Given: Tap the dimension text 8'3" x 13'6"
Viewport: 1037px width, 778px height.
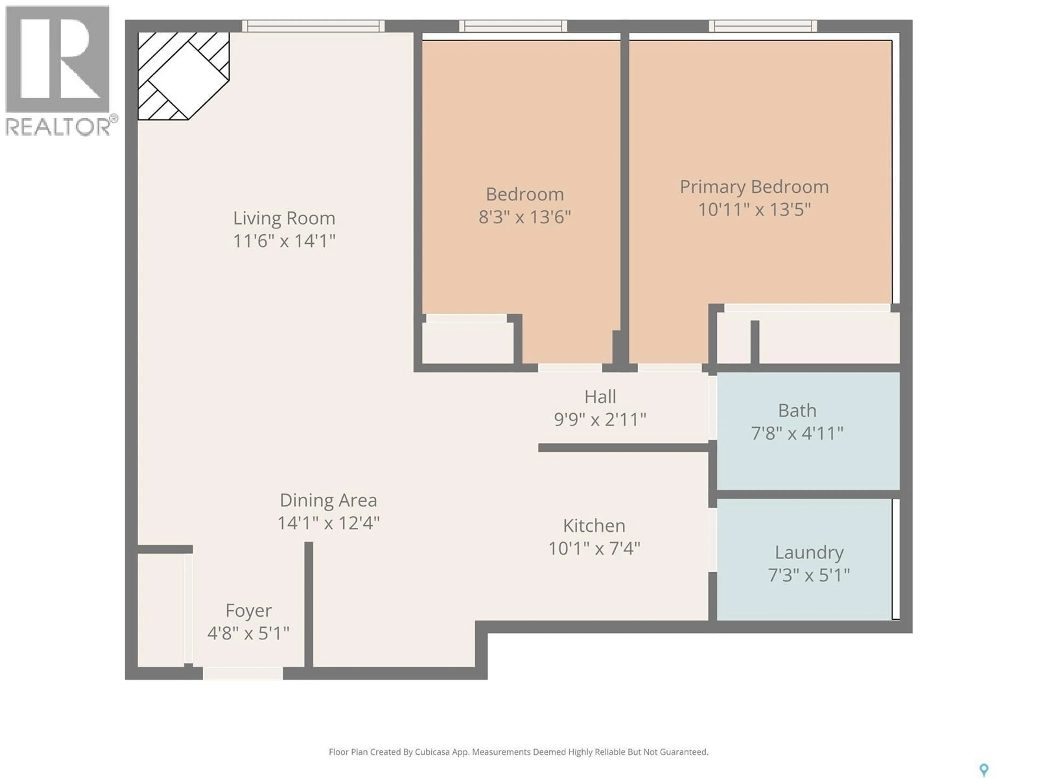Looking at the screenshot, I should click(525, 217).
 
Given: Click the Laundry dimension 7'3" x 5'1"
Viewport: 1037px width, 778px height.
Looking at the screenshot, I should click(809, 575).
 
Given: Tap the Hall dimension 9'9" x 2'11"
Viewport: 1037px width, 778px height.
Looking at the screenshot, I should click(600, 419).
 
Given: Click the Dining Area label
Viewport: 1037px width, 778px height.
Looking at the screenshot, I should click(328, 500).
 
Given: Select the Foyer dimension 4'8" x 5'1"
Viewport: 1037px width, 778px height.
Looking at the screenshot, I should click(248, 633).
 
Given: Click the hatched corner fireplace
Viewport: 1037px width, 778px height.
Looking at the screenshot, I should click(183, 75).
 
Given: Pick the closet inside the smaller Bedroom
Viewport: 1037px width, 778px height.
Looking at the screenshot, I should click(467, 342).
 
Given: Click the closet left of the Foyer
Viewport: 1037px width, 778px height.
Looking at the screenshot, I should click(160, 610).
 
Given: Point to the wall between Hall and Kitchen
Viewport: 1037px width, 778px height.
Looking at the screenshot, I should click(624, 448).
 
